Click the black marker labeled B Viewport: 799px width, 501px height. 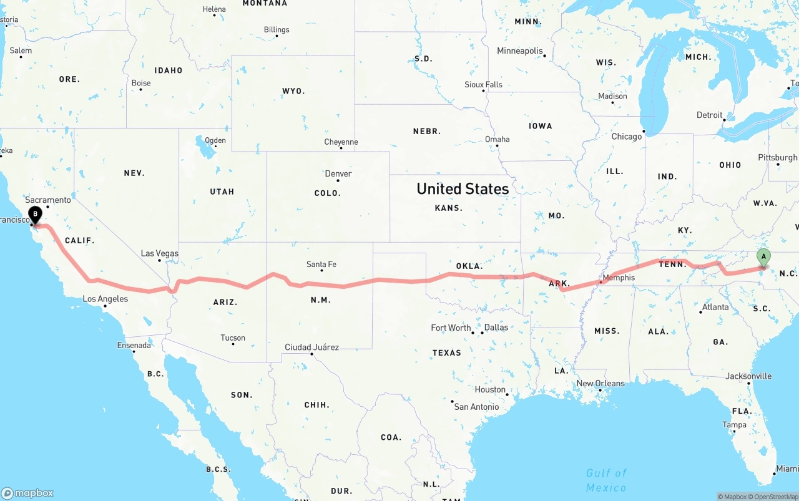pyautogui.click(x=36, y=215)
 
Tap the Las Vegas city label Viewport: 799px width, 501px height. pyautogui.click(x=159, y=253)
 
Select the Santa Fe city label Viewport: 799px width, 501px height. pyautogui.click(x=321, y=265)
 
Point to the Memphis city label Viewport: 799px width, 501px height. pyautogui.click(x=619, y=278)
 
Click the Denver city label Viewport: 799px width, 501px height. pyautogui.click(x=338, y=173)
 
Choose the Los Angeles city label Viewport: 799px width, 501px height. pyautogui.click(x=105, y=299)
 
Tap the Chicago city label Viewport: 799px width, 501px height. pyautogui.click(x=627, y=137)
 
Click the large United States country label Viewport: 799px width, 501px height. pyautogui.click(x=463, y=188)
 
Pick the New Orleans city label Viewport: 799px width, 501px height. pyautogui.click(x=600, y=383)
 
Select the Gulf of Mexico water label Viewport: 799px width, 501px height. pyautogui.click(x=606, y=480)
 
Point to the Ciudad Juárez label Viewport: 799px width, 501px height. pyautogui.click(x=311, y=347)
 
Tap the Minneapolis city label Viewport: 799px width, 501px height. pyautogui.click(x=520, y=51)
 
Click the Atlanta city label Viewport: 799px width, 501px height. pyautogui.click(x=715, y=307)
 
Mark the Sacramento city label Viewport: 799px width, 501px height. pyautogui.click(x=48, y=200)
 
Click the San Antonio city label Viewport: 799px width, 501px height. pyautogui.click(x=476, y=407)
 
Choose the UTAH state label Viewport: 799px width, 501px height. pyautogui.click(x=222, y=192)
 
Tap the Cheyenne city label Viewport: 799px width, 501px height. pyautogui.click(x=341, y=142)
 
